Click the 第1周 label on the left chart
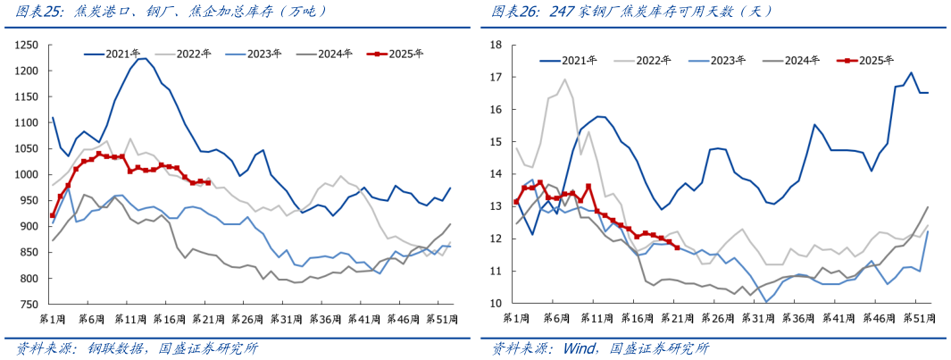55,319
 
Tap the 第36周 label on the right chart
787,319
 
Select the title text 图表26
516,13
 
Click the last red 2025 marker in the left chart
208,182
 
